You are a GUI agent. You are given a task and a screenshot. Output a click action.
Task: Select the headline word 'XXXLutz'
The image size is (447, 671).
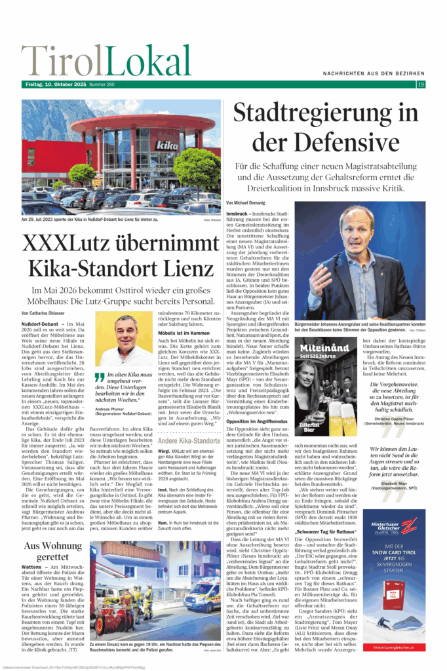(77, 243)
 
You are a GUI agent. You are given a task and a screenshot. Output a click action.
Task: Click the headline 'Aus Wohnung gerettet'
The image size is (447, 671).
(54, 552)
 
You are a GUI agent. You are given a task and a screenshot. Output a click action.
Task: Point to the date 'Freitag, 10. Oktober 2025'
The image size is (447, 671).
(53, 85)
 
